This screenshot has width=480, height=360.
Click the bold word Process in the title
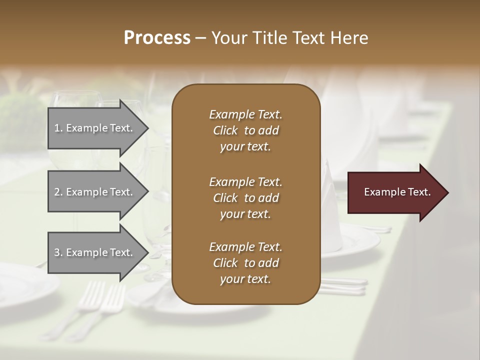[x=157, y=38]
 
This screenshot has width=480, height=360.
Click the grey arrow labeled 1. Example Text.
[x=95, y=128]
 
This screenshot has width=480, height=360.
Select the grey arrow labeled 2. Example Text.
[x=95, y=192]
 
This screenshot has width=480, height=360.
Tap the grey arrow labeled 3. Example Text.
[x=95, y=252]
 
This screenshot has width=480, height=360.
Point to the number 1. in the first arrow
[x=58, y=128]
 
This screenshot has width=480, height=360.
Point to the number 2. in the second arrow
[x=58, y=192]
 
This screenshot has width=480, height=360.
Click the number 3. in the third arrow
[x=58, y=252]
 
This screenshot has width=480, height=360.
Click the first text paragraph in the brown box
[x=245, y=130]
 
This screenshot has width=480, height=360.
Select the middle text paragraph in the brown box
[x=245, y=197]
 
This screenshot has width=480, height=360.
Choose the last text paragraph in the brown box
[x=245, y=262]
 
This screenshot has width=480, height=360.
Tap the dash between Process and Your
[x=201, y=38]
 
